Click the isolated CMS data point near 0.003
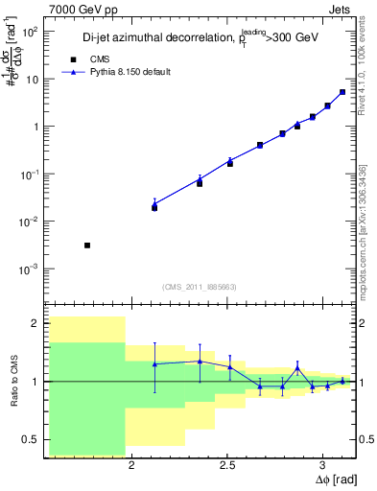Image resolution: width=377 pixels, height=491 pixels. (x=87, y=245)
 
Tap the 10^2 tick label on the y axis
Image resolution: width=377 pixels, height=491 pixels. (x=29, y=32)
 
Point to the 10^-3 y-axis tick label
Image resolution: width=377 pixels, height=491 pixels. (x=29, y=269)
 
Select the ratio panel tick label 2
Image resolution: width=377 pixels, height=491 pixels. (x=35, y=323)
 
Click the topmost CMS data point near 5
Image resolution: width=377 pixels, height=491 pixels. (x=342, y=92)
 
